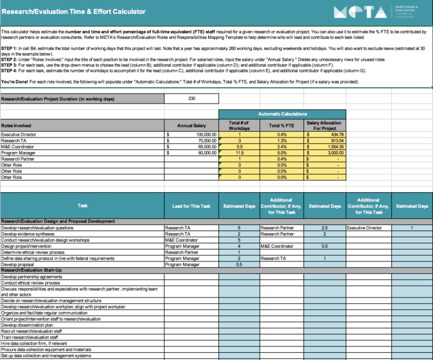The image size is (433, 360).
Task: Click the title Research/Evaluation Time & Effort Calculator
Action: tap(73, 11)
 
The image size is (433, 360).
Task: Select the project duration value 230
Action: tap(192, 99)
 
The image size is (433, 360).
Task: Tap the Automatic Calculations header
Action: tap(283, 114)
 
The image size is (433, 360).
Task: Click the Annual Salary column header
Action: tap(192, 126)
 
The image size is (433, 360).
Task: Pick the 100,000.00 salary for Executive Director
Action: tap(202, 135)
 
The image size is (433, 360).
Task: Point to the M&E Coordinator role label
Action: tap(19, 146)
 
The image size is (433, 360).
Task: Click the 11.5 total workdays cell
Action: tap(239, 152)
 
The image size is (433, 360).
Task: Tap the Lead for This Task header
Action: tap(192, 206)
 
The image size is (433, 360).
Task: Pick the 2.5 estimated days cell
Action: tap(324, 228)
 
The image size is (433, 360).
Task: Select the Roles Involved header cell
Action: tap(16, 126)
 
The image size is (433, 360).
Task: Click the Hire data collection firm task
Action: tap(34, 343)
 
